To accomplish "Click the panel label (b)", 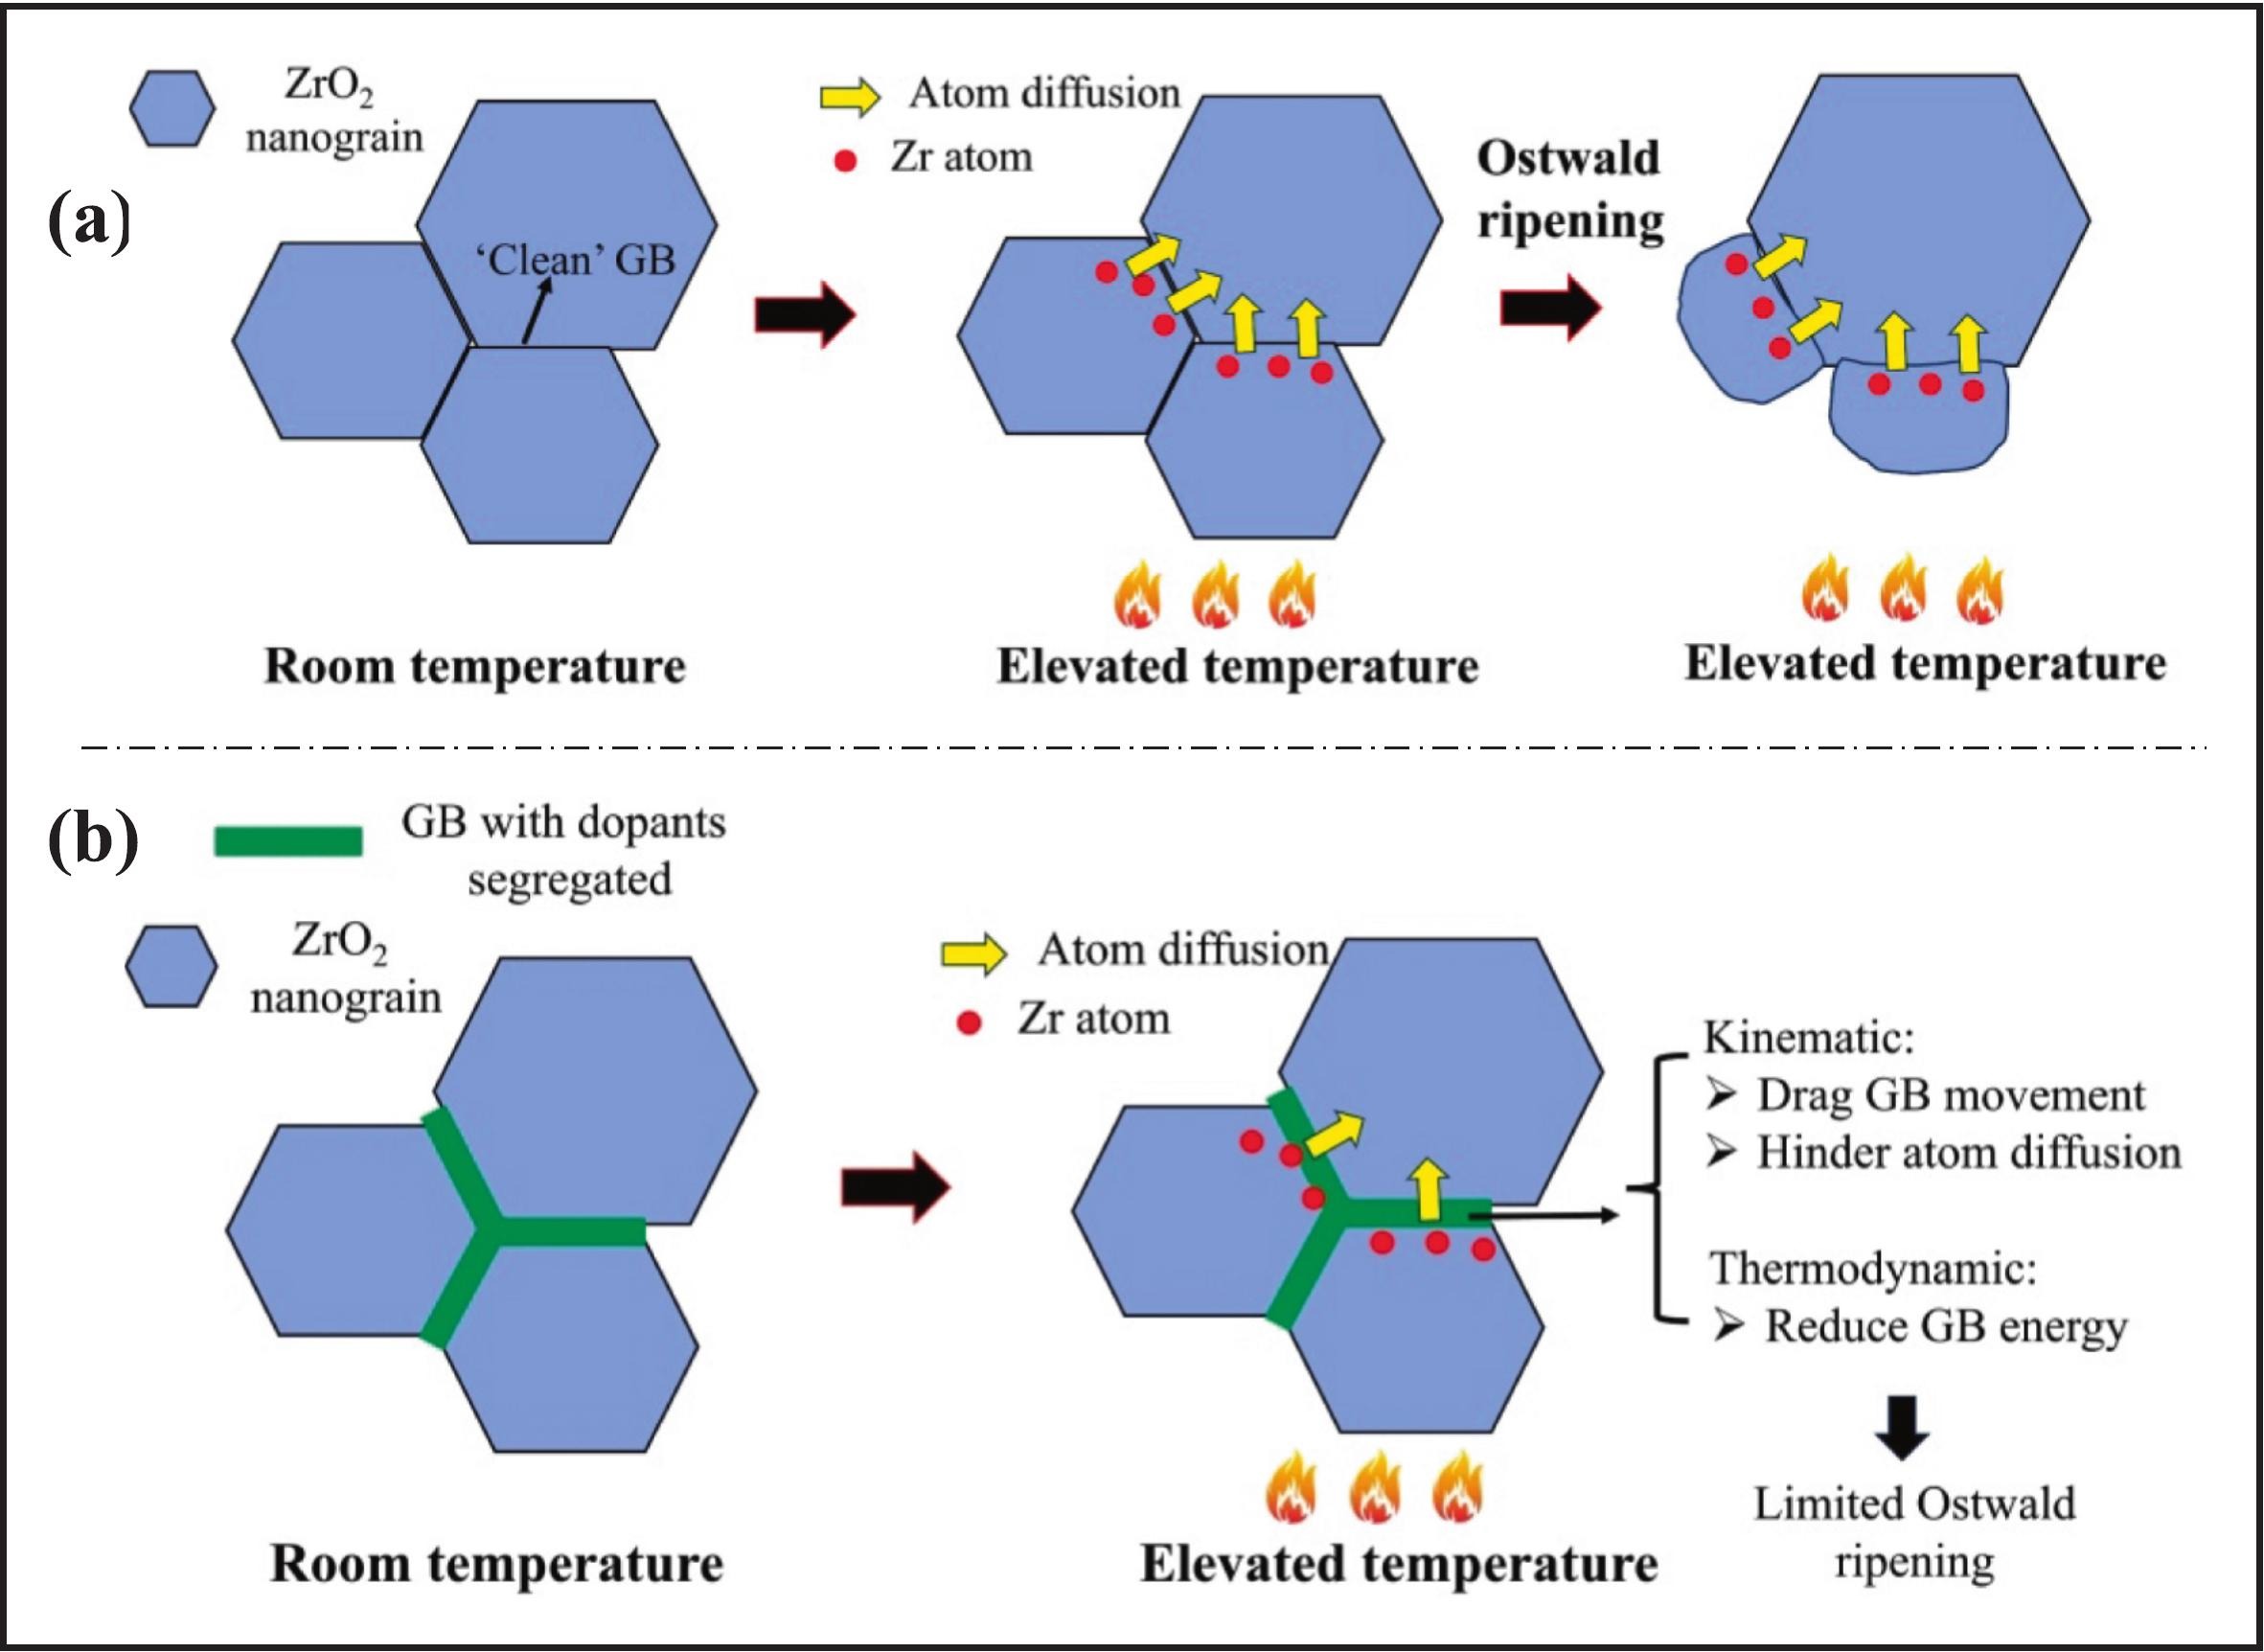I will pos(92,843).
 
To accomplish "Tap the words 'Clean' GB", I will pos(575,260).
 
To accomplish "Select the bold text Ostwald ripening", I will pos(1569,190).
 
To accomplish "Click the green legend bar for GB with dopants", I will pos(288,842).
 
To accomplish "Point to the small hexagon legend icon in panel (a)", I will pos(172,109).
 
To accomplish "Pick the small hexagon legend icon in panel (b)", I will pos(171,966).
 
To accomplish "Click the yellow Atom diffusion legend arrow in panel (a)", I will pos(849,96).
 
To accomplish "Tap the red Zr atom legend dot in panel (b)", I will pos(968,1023).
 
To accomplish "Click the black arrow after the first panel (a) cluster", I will pos(804,314).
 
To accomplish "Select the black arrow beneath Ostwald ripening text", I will pos(1549,308).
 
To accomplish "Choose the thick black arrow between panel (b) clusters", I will pos(894,1188).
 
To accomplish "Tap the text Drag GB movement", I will pos(1950,1096).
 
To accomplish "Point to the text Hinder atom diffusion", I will pos(1968,1153).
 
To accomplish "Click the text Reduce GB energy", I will pos(1945,1327).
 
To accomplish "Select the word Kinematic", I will pos(1808,1038).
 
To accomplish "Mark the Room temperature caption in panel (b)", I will pos(496,1564).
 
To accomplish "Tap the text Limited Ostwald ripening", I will pos(1914,1533).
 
